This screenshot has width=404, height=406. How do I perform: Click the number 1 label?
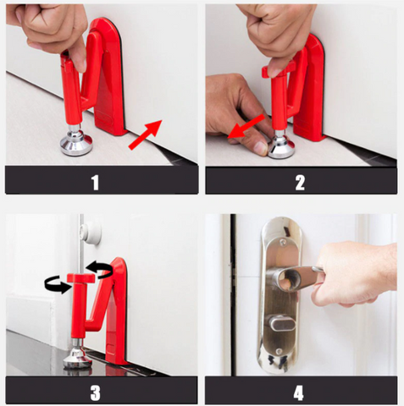coord(96,183)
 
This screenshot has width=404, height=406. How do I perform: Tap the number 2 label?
coord(300,183)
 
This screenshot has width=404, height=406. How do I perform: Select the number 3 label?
coord(96,392)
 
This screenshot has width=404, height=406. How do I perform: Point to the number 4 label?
coord(298,392)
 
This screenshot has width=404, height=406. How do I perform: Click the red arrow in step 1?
coord(146,134)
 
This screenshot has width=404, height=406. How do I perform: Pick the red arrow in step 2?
coord(246,126)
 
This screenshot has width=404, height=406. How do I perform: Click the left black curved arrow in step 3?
coord(58,285)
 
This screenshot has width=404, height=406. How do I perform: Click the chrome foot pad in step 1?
coord(76,143)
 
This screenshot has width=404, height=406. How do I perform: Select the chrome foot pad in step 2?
coord(281,147)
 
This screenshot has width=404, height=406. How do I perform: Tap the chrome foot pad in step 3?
coord(77,358)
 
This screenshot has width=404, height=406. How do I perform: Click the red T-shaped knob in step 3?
coord(80,278)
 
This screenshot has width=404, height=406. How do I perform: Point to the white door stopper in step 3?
coord(91,233)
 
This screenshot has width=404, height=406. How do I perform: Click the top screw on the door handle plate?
coord(283,241)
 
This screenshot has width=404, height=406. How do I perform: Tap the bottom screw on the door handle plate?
coord(279,351)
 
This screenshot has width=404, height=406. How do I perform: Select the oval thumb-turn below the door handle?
coord(281,323)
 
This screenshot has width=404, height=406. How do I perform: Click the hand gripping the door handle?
coord(354,274)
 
